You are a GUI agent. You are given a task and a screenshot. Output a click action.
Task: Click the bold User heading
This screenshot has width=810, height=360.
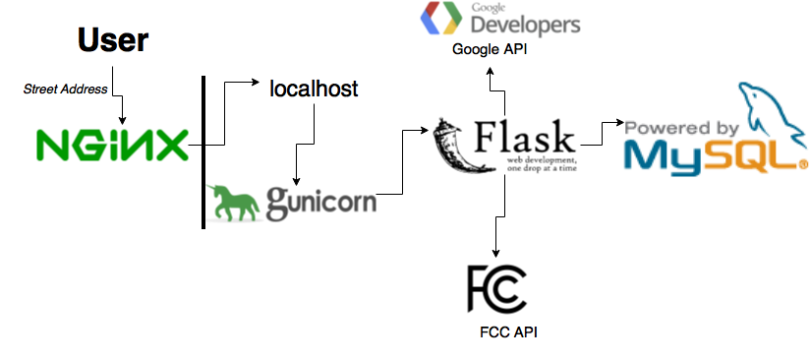click(113, 40)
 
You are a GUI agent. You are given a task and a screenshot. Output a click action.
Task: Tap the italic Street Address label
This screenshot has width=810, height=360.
click(66, 90)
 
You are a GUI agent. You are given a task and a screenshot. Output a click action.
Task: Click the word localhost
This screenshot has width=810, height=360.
click(314, 89)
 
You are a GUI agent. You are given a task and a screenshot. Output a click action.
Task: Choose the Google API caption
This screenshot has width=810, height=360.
click(490, 49)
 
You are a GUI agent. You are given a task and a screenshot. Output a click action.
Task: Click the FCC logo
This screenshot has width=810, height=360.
click(497, 288)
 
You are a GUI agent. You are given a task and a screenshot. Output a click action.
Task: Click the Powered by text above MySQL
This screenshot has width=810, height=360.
click(682, 128)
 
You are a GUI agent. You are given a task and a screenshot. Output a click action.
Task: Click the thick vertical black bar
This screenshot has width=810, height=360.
click(202, 151)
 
